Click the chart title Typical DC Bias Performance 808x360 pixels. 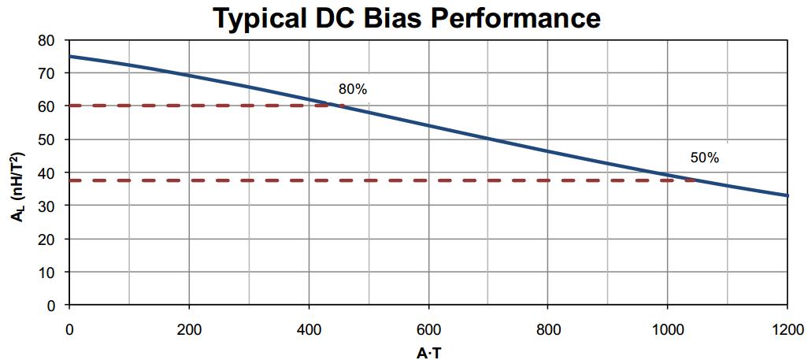[x=407, y=17]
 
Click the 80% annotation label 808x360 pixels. [x=353, y=90]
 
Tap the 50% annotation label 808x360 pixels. [x=705, y=158]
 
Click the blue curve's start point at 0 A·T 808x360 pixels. [x=70, y=57]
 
